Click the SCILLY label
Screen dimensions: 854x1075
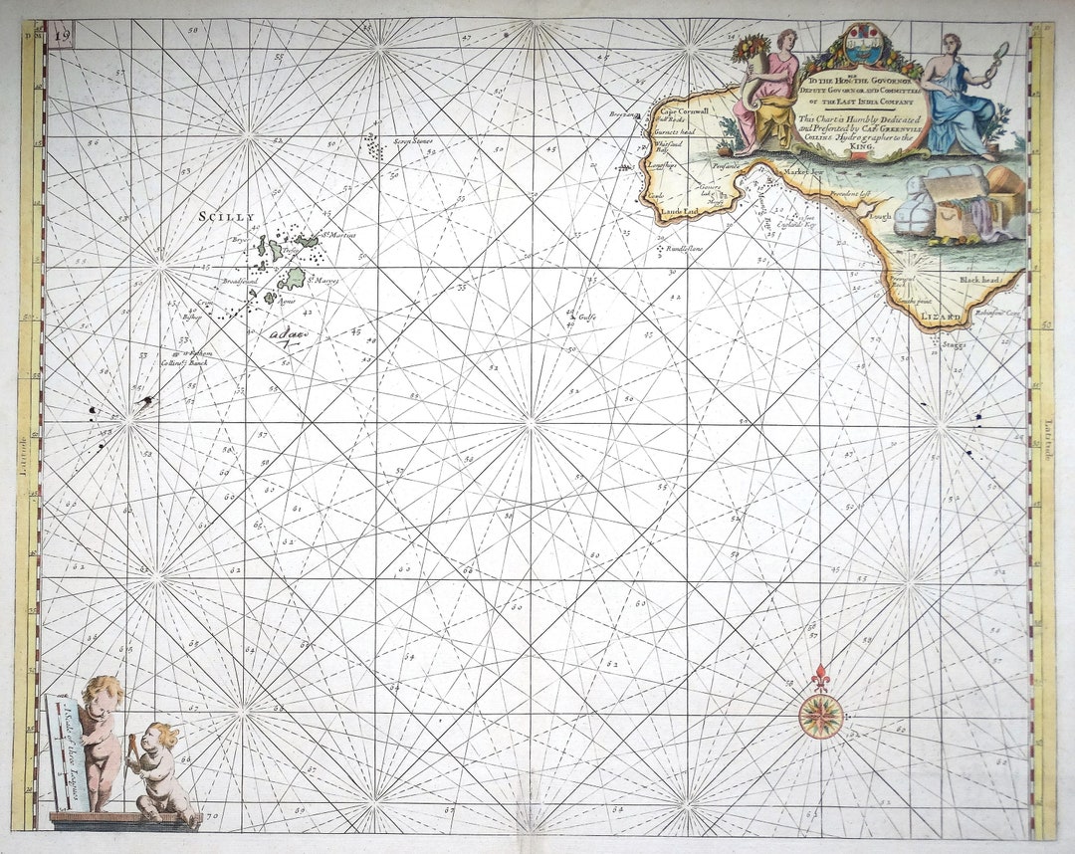coord(227,216)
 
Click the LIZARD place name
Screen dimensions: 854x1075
coord(943,317)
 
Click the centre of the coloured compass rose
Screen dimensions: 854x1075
coord(821,714)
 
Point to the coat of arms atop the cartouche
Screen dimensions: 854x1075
coord(860,45)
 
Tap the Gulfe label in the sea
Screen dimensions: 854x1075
coord(586,319)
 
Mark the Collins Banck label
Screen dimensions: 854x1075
coord(183,364)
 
